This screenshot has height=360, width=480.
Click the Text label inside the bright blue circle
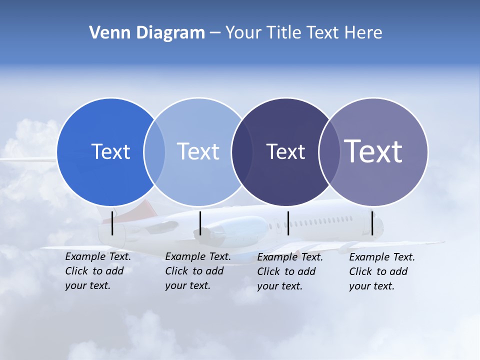[110, 151]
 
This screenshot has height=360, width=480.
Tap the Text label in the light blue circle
[198, 151]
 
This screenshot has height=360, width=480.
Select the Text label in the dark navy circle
[285, 151]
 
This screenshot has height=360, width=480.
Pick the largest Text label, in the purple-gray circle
[373, 151]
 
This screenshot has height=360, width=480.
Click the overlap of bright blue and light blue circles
[154, 152]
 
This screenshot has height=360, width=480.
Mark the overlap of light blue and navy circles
[241, 152]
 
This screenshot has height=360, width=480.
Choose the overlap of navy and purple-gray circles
[328, 152]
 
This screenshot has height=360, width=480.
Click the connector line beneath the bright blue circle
[112, 223]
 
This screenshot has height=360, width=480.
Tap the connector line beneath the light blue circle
[200, 223]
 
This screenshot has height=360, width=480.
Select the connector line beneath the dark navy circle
[288, 223]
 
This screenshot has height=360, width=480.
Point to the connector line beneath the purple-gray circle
[372, 223]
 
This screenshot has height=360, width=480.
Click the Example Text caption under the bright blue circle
[97, 271]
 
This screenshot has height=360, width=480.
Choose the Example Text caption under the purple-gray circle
[381, 271]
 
